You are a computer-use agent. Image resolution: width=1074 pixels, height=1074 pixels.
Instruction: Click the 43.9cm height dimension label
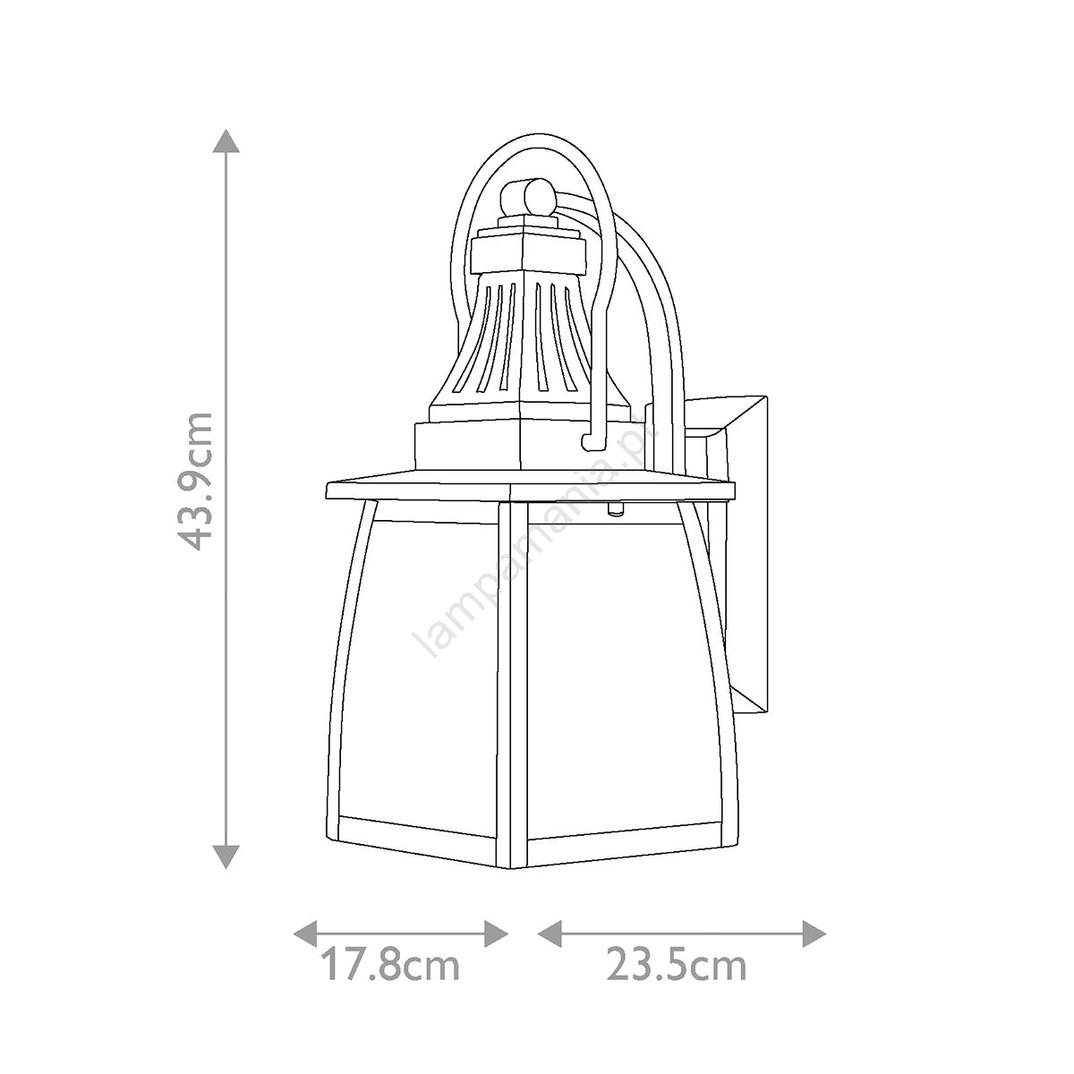[x=193, y=481]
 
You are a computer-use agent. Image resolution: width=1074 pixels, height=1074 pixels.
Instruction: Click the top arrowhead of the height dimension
[x=226, y=141]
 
